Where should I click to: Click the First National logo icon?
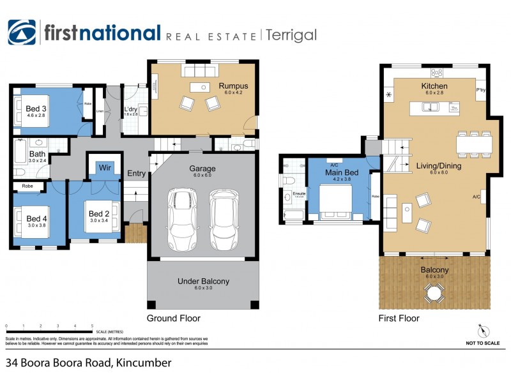[x=22, y=33]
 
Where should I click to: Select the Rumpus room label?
[x=233, y=86]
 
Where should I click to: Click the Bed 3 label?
[x=36, y=109]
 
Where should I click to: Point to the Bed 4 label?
[x=37, y=218]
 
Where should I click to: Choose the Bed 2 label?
[x=100, y=213]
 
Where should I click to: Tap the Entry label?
[x=136, y=174]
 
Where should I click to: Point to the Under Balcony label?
[x=203, y=282]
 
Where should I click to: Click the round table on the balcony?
[x=434, y=294]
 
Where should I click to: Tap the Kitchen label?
[x=434, y=86]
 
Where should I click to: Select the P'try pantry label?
[x=481, y=90]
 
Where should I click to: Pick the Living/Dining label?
[x=438, y=165]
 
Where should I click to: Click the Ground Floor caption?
[x=174, y=318]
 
